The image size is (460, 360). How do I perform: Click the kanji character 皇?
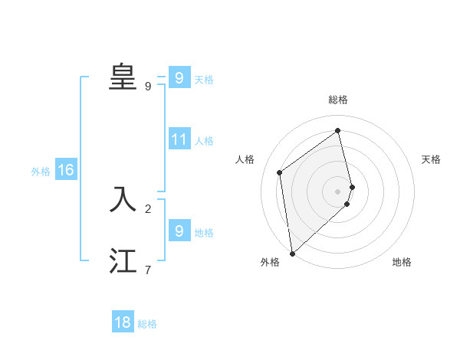click(123, 77)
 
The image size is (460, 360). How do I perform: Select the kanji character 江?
click(123, 261)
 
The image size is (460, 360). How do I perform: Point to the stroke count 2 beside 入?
click(148, 208)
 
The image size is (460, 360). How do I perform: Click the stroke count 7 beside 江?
click(148, 270)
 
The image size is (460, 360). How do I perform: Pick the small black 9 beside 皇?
click(148, 87)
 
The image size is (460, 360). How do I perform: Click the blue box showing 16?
click(65, 170)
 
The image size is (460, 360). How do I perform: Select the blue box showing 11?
click(179, 139)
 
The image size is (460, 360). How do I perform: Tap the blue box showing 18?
click(123, 322)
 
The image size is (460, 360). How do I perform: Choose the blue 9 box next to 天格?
click(179, 78)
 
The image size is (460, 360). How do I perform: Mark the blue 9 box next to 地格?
click(179, 231)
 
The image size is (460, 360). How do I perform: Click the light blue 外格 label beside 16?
click(41, 172)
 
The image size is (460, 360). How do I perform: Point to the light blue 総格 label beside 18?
click(147, 324)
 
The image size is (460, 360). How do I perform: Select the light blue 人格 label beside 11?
click(204, 141)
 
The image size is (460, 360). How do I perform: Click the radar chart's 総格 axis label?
click(338, 100)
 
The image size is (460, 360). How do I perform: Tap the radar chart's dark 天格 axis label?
click(432, 159)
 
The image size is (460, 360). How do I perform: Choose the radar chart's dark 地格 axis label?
click(402, 262)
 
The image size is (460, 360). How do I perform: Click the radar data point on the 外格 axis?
click(292, 253)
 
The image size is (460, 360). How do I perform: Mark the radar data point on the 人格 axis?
click(280, 172)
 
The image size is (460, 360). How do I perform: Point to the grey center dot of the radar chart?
click(338, 191)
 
